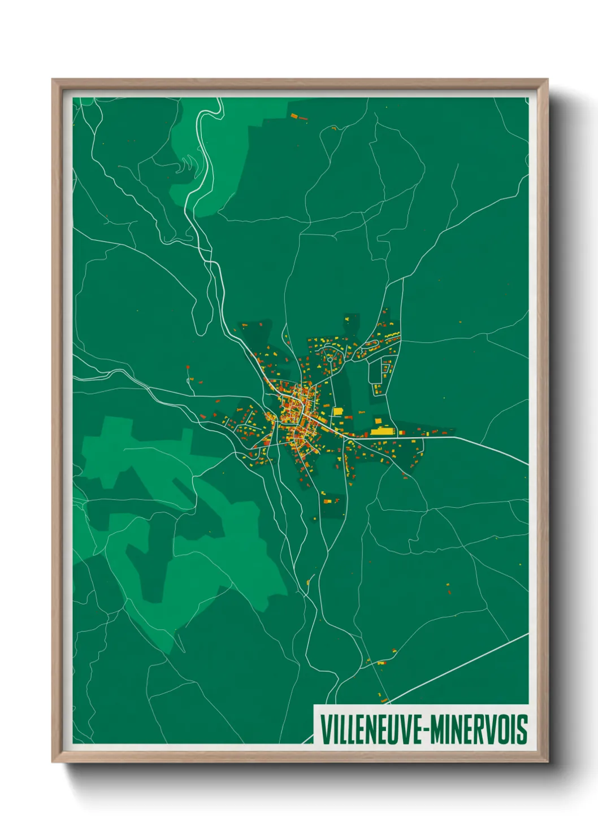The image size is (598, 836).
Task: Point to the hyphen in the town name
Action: (x=426, y=730)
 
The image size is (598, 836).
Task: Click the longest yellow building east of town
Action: (x=382, y=432)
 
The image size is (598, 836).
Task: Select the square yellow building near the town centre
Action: (x=337, y=411)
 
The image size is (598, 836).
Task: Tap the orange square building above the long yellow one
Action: (x=378, y=421)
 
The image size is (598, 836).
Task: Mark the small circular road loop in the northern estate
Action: (x=330, y=359)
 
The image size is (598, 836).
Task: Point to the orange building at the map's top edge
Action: (x=294, y=116)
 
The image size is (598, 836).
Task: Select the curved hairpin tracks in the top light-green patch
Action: (x=185, y=165)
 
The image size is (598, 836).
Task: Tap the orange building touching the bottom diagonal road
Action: (x=385, y=701)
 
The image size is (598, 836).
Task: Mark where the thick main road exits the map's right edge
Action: (x=527, y=464)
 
